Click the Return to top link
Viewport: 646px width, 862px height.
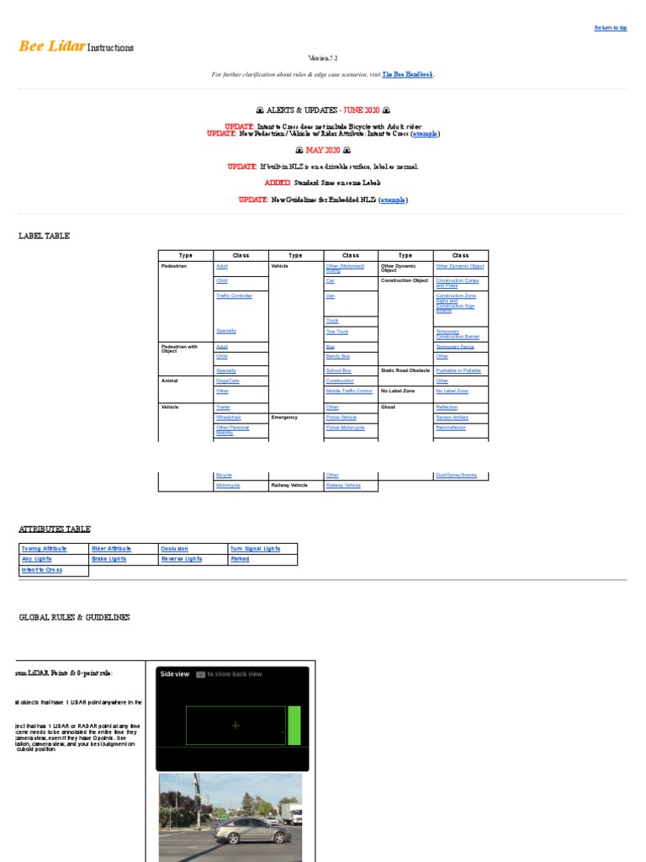tap(611, 28)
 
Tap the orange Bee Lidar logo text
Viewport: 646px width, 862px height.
tap(51, 46)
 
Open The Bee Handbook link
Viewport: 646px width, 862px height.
tap(408, 74)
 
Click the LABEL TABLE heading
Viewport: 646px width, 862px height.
tap(44, 236)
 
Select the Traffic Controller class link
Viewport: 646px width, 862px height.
tap(234, 295)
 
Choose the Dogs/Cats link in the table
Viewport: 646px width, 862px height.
tap(227, 380)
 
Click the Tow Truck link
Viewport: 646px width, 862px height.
tap(336, 332)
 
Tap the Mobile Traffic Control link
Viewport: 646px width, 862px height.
tap(349, 391)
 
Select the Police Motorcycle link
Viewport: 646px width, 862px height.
tap(345, 428)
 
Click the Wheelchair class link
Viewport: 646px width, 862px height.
tap(228, 417)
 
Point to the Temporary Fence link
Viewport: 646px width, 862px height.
tap(455, 347)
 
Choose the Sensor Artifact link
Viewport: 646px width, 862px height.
tap(452, 417)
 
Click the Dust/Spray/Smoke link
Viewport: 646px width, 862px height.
tap(456, 475)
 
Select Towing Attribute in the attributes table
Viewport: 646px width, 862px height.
tap(44, 548)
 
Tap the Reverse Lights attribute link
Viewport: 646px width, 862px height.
tap(182, 559)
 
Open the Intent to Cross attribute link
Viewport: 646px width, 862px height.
tap(42, 570)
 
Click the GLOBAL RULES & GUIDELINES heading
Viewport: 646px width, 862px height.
tap(74, 617)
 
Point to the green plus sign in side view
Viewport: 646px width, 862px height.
tap(236, 725)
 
